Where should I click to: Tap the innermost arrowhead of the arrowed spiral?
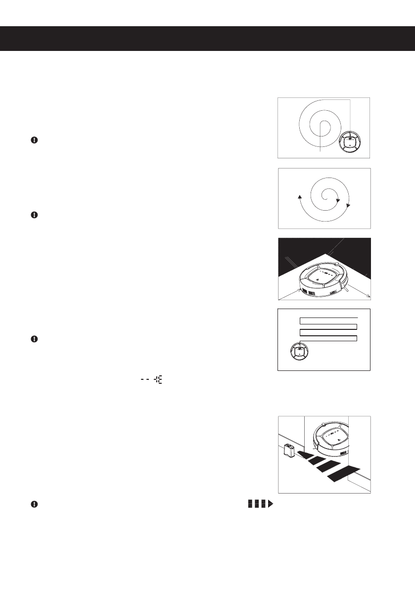point(337,201)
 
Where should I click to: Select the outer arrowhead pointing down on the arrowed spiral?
point(349,205)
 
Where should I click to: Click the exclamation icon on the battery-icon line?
point(34,504)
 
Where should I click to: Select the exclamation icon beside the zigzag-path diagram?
point(34,339)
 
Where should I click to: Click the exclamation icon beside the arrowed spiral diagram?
point(34,215)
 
